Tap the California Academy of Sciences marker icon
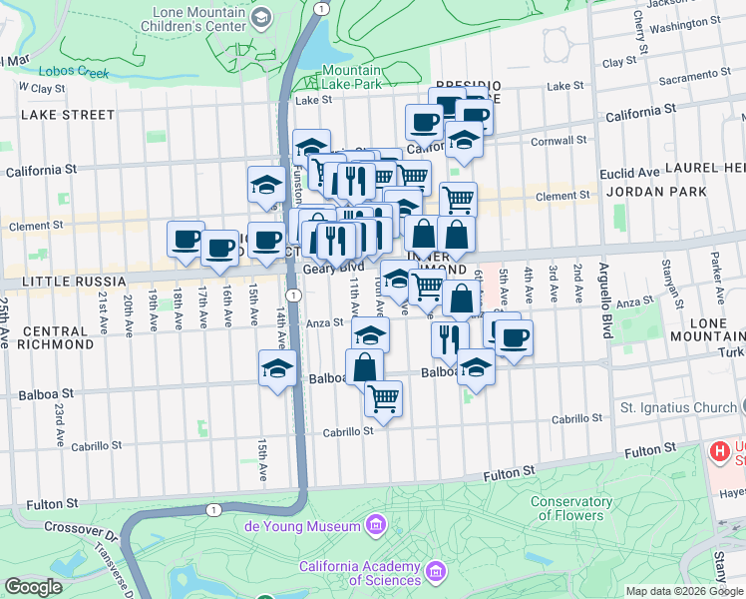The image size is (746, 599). [x=435, y=572]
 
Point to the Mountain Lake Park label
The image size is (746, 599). [x=352, y=77]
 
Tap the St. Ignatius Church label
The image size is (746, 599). [x=677, y=407]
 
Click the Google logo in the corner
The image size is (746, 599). [x=33, y=587]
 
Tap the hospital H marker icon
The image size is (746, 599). [x=717, y=452]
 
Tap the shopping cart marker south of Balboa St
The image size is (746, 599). [x=383, y=398]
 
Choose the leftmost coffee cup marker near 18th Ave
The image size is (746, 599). [x=186, y=239]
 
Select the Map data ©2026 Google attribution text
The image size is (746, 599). [x=683, y=591]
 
